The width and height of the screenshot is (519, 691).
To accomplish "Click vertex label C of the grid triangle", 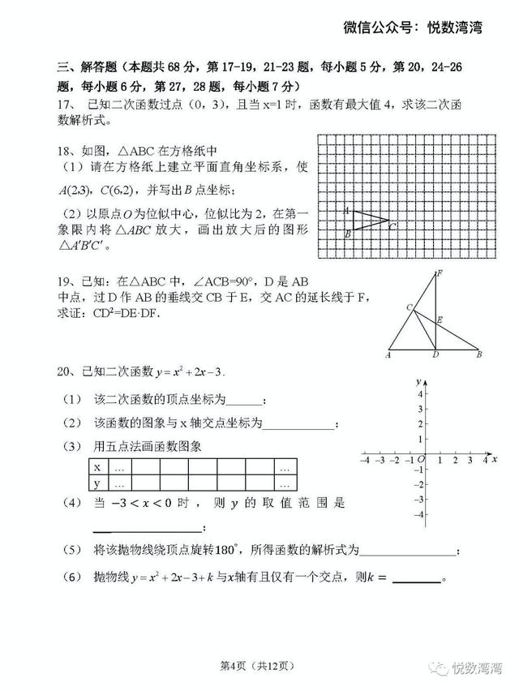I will pos(392,227).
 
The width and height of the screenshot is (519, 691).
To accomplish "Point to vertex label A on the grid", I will pos(346,210).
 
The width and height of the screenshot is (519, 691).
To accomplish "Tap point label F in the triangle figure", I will pos(439,273).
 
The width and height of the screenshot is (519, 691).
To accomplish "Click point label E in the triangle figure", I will pos(440,320).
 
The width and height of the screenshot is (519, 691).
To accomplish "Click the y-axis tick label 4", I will pos(420,394).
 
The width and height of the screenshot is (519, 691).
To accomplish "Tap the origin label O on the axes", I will pos(420,460).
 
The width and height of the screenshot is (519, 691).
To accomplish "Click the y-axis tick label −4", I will pos(418,514).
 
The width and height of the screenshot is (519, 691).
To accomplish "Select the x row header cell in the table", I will pos(97,467).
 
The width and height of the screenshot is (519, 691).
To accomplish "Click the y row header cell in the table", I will pos(97,483).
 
